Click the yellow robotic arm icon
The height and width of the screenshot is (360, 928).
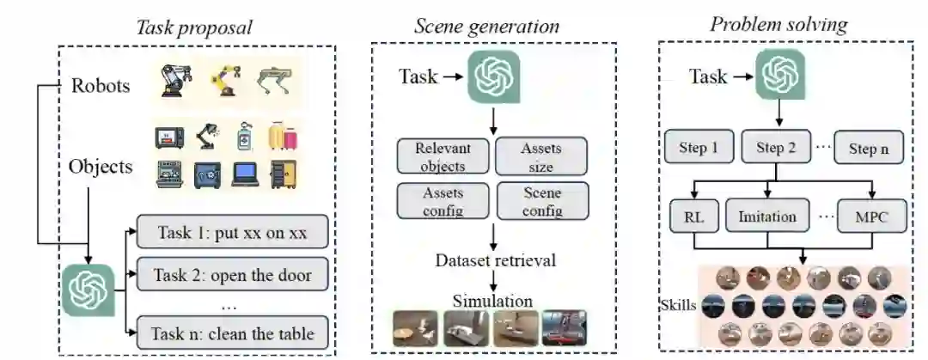pyautogui.click(x=226, y=81)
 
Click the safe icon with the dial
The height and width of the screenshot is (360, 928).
pyautogui.click(x=209, y=175)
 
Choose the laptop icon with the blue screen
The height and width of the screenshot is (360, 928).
pyautogui.click(x=247, y=175)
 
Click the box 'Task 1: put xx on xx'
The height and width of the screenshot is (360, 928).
pyautogui.click(x=232, y=234)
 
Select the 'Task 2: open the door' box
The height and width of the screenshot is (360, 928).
pyautogui.click(x=232, y=276)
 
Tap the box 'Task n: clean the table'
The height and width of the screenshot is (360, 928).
pyautogui.click(x=232, y=333)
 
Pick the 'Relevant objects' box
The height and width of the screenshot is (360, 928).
pyautogui.click(x=443, y=156)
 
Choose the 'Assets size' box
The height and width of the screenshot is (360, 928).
pyautogui.click(x=541, y=156)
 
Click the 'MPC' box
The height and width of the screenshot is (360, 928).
pyautogui.click(x=872, y=217)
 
